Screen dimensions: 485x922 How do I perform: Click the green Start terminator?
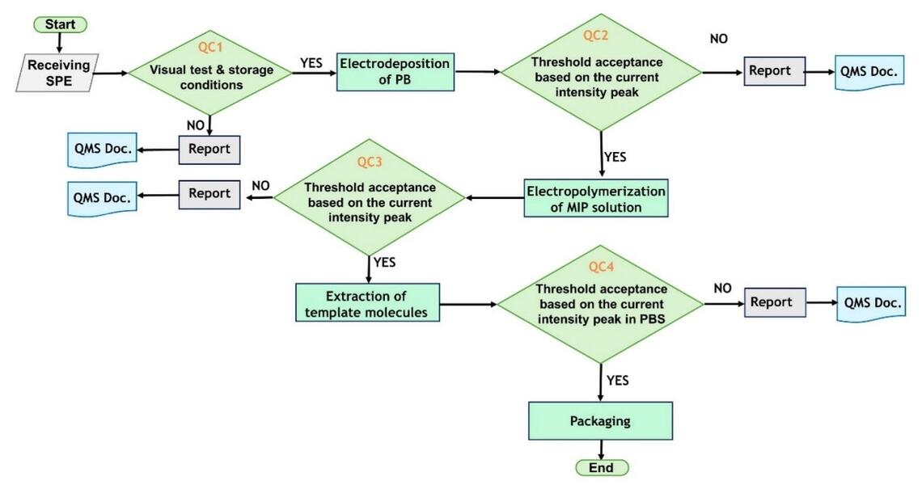60,24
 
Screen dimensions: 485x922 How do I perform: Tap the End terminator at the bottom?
601,467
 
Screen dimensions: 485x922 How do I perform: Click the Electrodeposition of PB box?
395,72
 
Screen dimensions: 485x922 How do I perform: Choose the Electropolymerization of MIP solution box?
596,199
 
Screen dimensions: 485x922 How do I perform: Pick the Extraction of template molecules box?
368,303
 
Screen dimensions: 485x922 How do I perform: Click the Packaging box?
600,421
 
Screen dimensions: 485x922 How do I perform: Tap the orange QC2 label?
601,35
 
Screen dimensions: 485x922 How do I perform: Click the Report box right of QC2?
769,71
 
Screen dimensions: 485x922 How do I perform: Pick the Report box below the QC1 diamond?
209,150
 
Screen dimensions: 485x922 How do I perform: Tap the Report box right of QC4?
771,302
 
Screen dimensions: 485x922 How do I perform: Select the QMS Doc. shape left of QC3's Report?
101,196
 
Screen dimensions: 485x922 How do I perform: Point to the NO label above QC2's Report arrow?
718,38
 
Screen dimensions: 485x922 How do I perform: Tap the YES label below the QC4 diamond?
616,380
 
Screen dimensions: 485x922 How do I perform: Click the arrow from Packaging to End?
601,449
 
